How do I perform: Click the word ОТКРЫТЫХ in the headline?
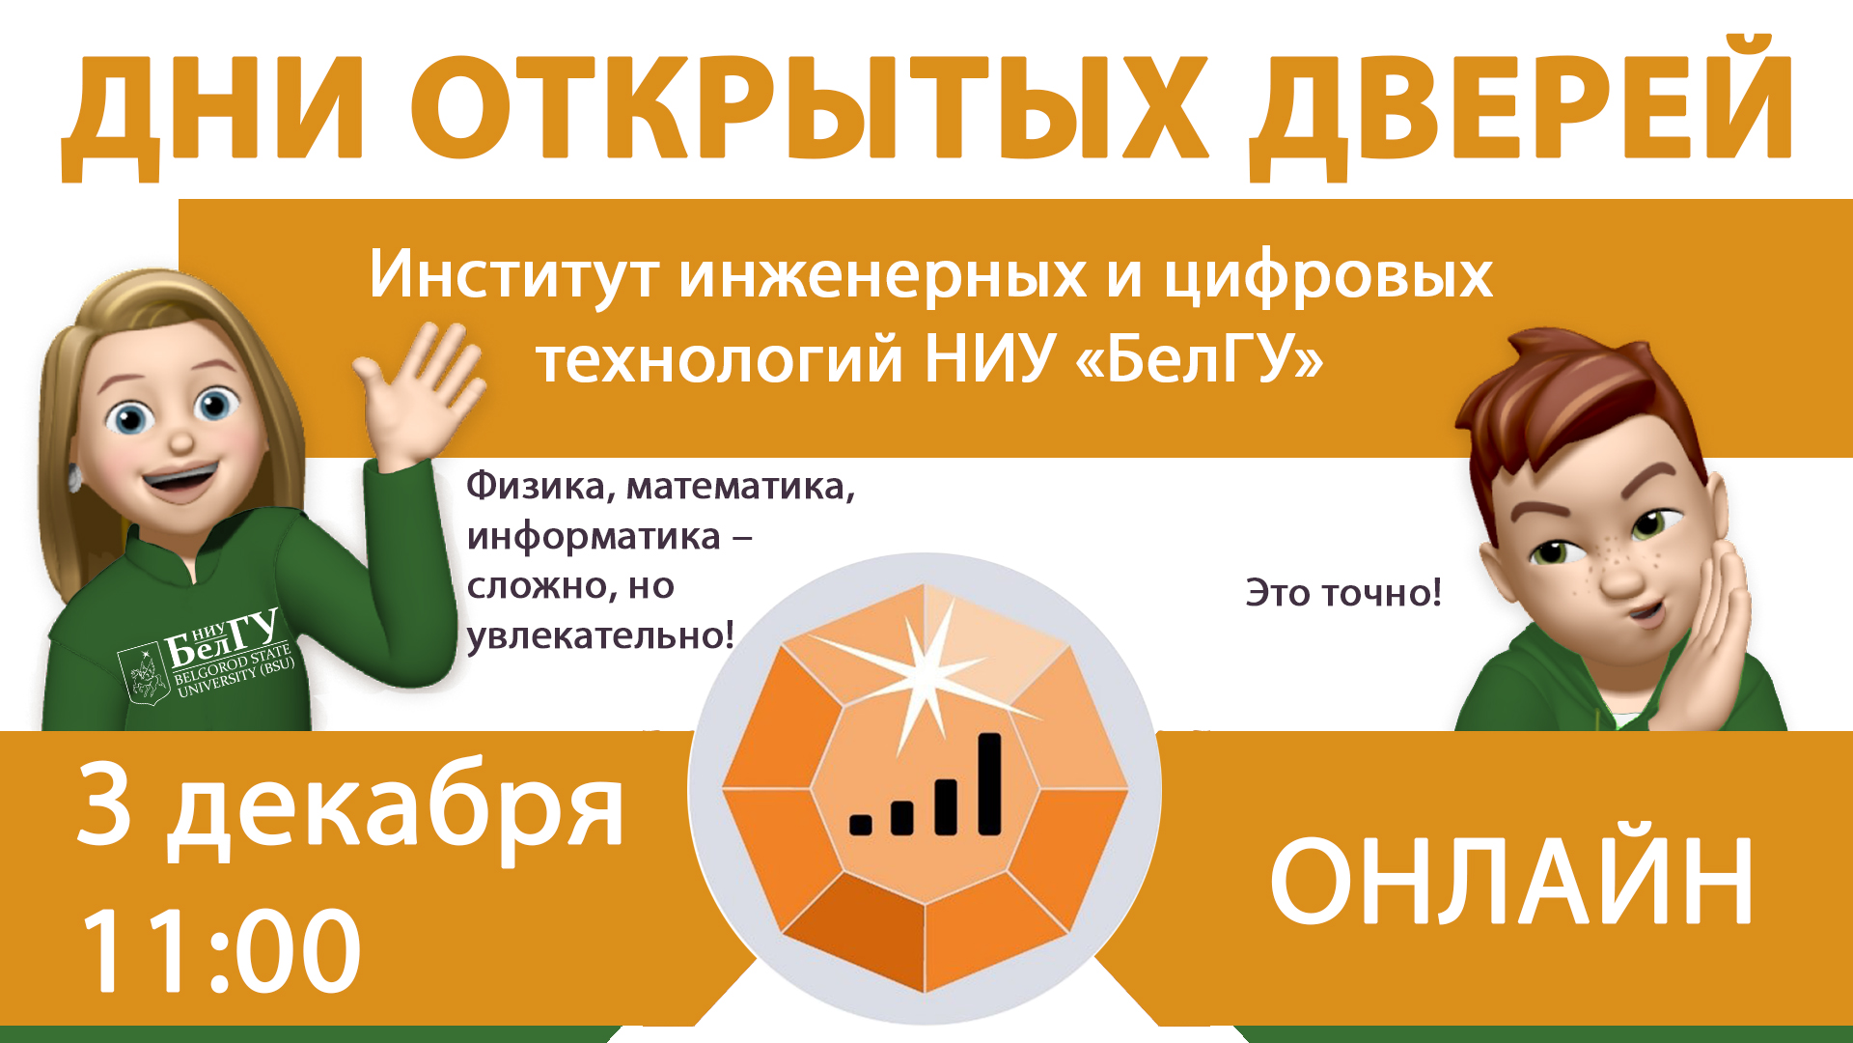click(x=809, y=108)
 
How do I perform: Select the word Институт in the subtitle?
click(x=513, y=275)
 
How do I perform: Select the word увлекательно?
click(x=600, y=636)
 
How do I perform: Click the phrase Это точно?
click(x=1343, y=593)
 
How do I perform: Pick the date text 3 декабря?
click(x=350, y=806)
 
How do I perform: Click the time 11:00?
click(x=221, y=951)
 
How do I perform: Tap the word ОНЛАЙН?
click(x=1511, y=882)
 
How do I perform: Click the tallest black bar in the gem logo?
click(x=990, y=784)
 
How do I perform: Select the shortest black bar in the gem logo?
click(x=860, y=824)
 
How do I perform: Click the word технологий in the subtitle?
click(x=719, y=360)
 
